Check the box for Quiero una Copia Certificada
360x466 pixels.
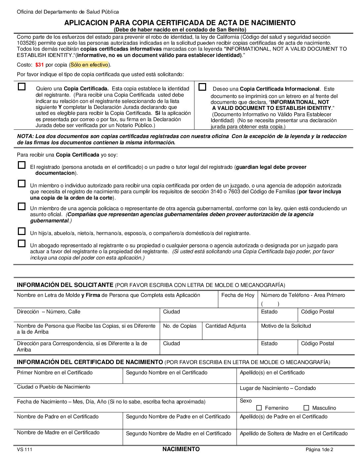pyautogui.click(x=22, y=87)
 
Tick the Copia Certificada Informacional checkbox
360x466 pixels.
pyautogui.click(x=202, y=87)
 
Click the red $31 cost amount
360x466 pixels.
pyautogui.click(x=39, y=65)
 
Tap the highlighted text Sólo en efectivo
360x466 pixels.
pyautogui.click(x=89, y=65)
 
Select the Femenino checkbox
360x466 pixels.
pyautogui.click(x=259, y=408)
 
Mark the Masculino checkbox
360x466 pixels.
pyautogui.click(x=306, y=408)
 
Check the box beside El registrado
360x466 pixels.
pyautogui.click(x=22, y=165)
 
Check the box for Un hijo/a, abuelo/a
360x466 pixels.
pyautogui.click(x=22, y=231)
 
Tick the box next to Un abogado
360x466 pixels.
pyautogui.click(x=22, y=244)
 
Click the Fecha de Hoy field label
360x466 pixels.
pyautogui.click(x=238, y=295)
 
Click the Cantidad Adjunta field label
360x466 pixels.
pyautogui.click(x=226, y=326)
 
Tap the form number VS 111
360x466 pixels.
pyautogui.click(x=24, y=449)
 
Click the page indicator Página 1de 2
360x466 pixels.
pyautogui.click(x=319, y=449)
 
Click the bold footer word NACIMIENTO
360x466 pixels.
pyautogui.click(x=181, y=449)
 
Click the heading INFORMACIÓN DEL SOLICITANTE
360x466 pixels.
pyautogui.click(x=65, y=285)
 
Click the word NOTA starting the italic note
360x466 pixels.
pyautogui.click(x=25, y=136)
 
